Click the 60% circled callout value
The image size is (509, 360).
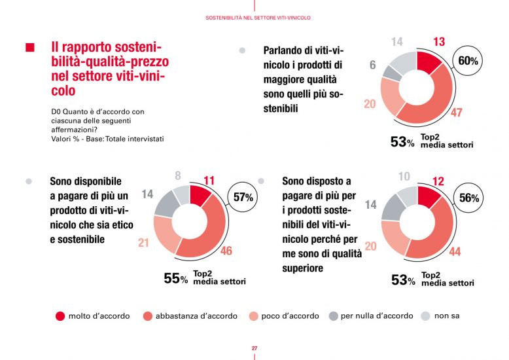point(468,61)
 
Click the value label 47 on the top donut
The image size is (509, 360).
point(456,113)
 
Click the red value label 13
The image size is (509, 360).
point(439,42)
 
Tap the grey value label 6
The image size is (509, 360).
point(372,65)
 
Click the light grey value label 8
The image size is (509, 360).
point(178,175)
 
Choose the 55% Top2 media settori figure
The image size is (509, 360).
point(175,279)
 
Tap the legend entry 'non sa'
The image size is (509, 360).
point(446,316)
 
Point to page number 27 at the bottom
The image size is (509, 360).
point(254,348)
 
